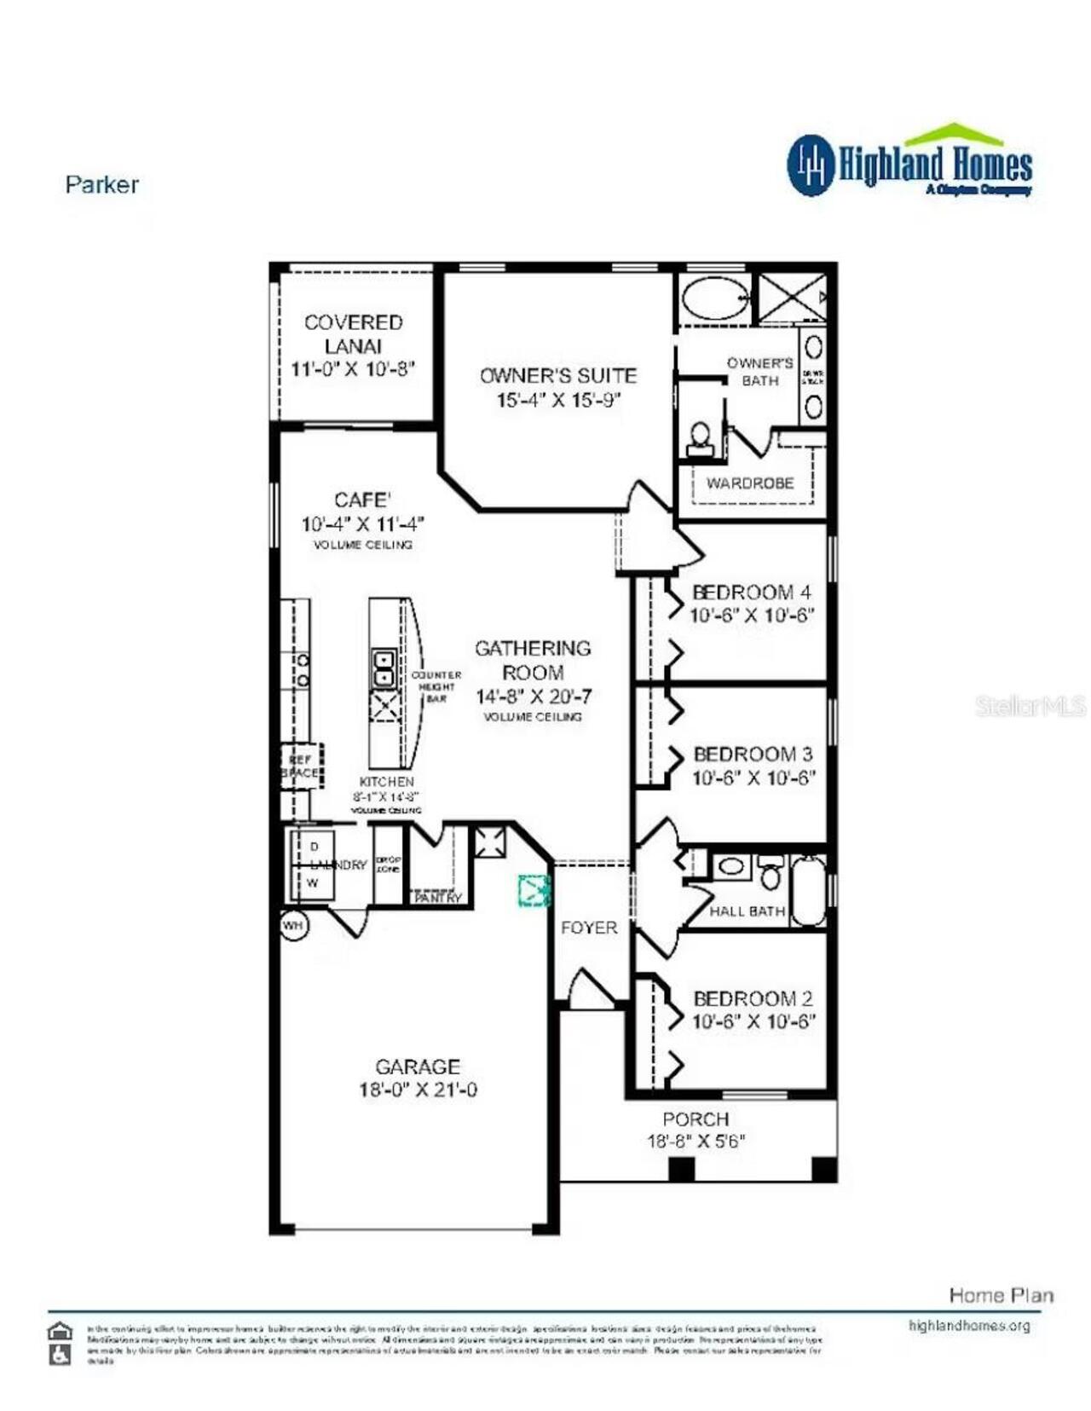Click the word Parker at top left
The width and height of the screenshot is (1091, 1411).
(x=101, y=184)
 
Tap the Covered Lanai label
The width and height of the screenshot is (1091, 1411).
(x=353, y=334)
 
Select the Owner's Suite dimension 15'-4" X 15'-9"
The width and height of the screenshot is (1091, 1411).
(x=558, y=400)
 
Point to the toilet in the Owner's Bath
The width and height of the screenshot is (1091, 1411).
(x=700, y=437)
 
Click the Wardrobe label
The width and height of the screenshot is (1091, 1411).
(x=749, y=483)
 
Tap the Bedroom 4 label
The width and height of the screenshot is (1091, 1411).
(x=751, y=592)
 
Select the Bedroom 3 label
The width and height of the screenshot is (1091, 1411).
(x=753, y=754)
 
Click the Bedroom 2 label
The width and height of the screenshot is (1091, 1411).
(x=753, y=998)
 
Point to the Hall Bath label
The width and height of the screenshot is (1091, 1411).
(x=747, y=911)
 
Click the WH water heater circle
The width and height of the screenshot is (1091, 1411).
(x=292, y=925)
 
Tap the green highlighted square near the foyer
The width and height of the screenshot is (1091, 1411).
(x=534, y=890)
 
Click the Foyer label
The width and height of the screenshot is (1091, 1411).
(x=588, y=928)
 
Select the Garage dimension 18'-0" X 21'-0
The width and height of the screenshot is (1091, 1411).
(x=418, y=1090)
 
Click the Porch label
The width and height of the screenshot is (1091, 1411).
(x=696, y=1119)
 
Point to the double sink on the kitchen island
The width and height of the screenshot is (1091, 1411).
(x=383, y=668)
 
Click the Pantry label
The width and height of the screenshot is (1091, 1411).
(x=437, y=898)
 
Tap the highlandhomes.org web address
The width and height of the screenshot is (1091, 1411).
(x=969, y=1325)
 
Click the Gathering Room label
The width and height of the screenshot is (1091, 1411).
(x=533, y=660)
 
